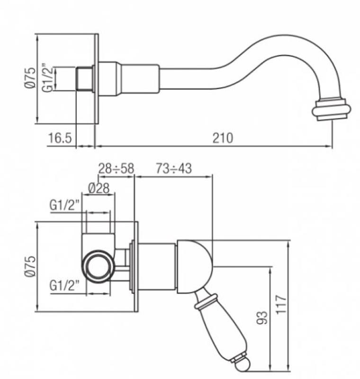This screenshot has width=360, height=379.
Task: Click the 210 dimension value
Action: click(223, 138)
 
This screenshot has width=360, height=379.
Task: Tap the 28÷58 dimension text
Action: click(116, 169)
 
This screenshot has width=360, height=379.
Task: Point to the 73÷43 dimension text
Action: click(174, 169)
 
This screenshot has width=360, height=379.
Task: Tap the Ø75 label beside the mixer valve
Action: click(29, 268)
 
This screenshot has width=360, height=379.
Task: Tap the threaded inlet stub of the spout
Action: click(84, 79)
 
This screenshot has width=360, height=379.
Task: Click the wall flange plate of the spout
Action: click(96, 79)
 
